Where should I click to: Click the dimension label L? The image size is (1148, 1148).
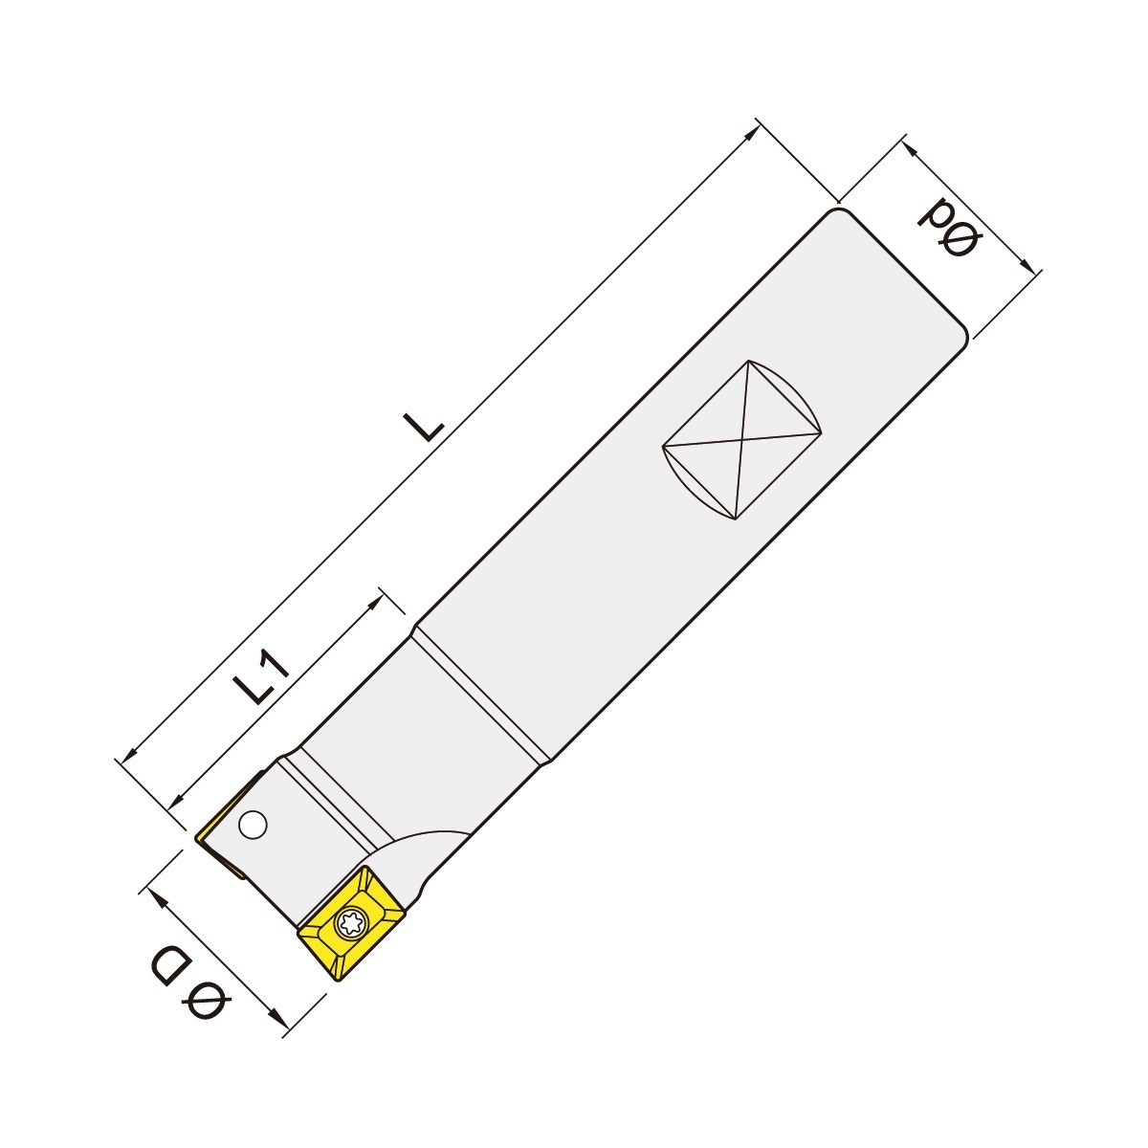coord(424,424)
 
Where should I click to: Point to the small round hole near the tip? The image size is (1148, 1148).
coord(253,825)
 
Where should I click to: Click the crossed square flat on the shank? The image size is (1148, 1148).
coord(741,440)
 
